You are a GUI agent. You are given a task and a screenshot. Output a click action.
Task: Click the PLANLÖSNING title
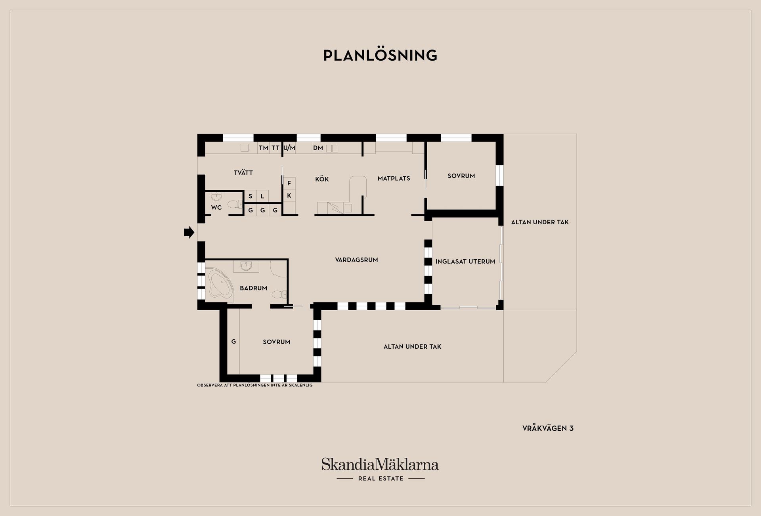tap(380, 55)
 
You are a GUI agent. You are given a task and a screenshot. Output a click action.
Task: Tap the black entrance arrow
tap(189, 232)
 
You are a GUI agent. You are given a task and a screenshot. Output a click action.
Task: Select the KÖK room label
tap(322, 179)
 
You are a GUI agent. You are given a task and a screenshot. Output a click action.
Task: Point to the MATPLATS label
tap(394, 178)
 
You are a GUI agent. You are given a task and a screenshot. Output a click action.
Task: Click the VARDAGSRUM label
tap(356, 260)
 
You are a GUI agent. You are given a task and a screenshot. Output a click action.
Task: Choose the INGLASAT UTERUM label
tap(465, 262)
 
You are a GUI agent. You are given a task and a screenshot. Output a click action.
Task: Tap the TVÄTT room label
tap(243, 172)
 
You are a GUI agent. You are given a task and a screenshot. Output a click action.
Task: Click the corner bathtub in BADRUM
tap(220, 283)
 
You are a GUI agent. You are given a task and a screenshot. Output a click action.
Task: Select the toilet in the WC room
tap(235, 204)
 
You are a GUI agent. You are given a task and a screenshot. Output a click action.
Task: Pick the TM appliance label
tap(263, 148)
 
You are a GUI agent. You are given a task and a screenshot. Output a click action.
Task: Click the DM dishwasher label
tap(318, 148)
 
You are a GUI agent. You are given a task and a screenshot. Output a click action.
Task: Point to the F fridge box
tap(289, 183)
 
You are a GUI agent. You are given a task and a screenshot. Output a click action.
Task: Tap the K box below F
tap(289, 195)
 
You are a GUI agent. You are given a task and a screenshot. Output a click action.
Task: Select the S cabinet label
tap(250, 196)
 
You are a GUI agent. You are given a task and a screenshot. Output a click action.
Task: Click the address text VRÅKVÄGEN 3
tap(548, 428)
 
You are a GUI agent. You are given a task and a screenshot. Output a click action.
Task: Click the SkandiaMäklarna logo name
tap(380, 464)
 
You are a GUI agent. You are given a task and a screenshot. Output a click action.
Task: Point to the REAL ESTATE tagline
tap(380, 478)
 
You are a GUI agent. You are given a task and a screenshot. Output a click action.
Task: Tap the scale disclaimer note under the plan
tap(255, 385)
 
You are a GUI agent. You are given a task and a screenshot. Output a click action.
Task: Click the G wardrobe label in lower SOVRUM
tap(233, 341)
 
